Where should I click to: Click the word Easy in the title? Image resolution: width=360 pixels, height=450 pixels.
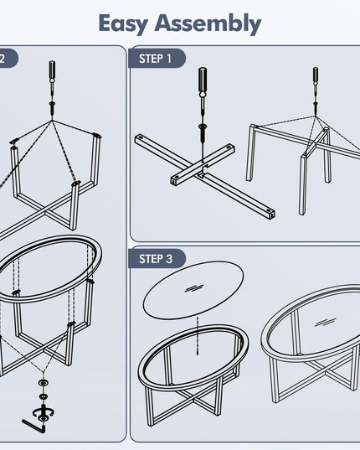tap(123, 23)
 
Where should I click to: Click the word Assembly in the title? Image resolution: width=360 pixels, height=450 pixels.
tap(208, 23)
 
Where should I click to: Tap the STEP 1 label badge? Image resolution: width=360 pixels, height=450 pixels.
tap(157, 59)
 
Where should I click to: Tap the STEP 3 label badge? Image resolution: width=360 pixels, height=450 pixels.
tap(157, 259)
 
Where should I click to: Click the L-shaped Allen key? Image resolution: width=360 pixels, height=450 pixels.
tap(33, 427)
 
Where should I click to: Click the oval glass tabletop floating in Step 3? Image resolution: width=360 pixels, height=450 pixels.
tap(193, 290)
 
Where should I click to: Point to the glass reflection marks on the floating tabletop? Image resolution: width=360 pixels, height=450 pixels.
tap(194, 288)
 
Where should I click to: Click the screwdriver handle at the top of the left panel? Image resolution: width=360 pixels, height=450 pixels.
tap(53, 70)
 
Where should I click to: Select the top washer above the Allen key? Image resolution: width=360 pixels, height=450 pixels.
tap(44, 383)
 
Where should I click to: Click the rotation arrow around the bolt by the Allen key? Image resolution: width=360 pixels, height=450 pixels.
tap(44, 412)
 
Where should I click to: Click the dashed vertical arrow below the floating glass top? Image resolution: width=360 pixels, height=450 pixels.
tap(198, 336)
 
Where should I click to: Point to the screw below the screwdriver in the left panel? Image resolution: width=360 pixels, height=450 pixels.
tap(52, 107)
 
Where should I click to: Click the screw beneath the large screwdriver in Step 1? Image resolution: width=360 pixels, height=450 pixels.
tap(203, 132)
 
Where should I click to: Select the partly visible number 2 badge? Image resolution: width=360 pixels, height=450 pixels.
tap(8, 59)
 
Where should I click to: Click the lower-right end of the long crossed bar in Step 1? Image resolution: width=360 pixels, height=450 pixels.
tap(271, 214)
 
